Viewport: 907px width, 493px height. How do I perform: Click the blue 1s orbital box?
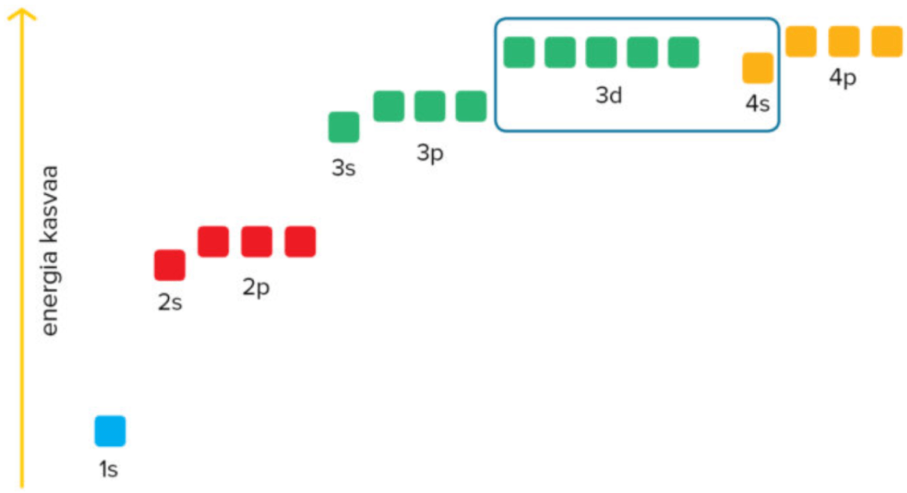coord(110,431)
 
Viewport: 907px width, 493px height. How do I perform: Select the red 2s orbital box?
coord(170,265)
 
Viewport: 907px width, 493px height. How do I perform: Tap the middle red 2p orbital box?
coord(256,242)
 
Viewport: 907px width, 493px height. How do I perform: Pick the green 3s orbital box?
coord(344,128)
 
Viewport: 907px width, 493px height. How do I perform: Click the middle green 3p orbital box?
coord(430,106)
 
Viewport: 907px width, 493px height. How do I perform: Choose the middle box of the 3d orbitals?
coord(601,52)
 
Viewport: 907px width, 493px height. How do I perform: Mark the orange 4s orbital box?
coord(758,68)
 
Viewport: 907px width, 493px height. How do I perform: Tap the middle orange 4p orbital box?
coord(844,41)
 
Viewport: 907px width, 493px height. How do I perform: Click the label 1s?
coord(109,470)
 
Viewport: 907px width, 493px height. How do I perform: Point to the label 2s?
coord(170,303)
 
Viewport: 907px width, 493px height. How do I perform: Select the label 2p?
coord(256,288)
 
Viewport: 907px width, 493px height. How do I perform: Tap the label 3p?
coord(430,153)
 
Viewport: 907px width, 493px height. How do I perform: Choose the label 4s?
coord(757,103)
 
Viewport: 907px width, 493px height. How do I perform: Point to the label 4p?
coord(843,78)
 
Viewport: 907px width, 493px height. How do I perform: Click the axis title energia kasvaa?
coord(51,250)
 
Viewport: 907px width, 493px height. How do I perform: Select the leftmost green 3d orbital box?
coord(519,52)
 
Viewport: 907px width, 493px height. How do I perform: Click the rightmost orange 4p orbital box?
coord(887,41)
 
